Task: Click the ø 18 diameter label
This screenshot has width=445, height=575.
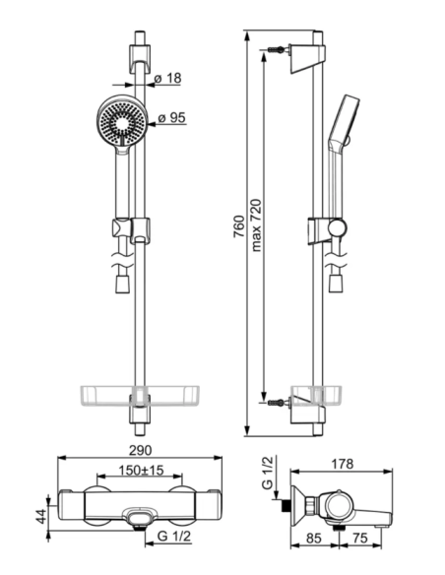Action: (x=167, y=78)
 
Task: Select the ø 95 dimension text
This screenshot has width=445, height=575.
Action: (x=172, y=118)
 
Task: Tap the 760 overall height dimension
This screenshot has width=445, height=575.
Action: (x=238, y=226)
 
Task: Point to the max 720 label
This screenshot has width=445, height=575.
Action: (x=257, y=224)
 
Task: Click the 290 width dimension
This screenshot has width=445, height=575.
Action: (x=140, y=450)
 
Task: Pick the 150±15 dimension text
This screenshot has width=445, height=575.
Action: (x=141, y=470)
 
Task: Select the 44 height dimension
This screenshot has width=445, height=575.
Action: (x=42, y=516)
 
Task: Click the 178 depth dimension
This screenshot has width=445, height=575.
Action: (x=343, y=464)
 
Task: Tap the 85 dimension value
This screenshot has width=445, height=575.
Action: (x=314, y=538)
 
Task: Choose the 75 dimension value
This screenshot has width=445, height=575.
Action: (x=360, y=538)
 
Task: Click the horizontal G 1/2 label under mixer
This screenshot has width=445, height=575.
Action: (x=173, y=537)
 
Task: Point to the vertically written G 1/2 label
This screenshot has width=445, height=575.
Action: (x=268, y=473)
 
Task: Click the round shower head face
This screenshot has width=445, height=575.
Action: (x=122, y=119)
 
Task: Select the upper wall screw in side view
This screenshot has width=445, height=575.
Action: (x=277, y=49)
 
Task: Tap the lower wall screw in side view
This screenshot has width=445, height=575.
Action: (x=277, y=403)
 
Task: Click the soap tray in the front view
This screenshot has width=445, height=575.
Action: (x=139, y=396)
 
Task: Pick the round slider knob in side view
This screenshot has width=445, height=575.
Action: (x=338, y=227)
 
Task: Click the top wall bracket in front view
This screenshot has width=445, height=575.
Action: (x=139, y=59)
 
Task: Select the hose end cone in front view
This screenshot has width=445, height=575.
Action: (x=122, y=284)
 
